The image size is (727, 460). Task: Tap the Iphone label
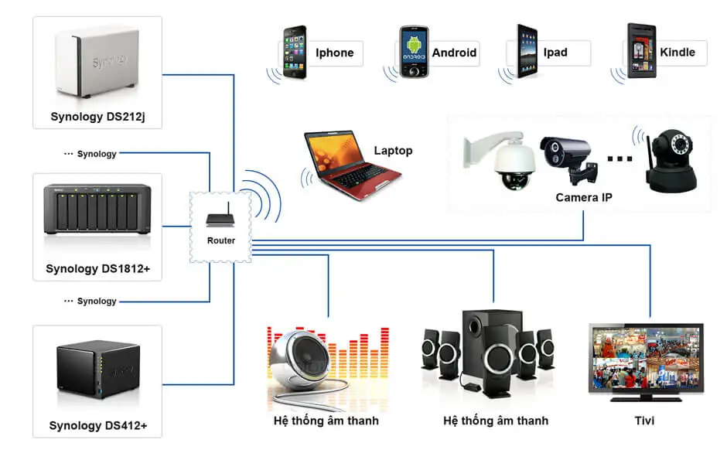click(x=334, y=53)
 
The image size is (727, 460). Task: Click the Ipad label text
click(x=555, y=53)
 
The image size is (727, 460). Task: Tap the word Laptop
click(x=393, y=151)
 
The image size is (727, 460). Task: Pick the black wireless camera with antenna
click(x=671, y=161)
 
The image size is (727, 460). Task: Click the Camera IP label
click(x=584, y=198)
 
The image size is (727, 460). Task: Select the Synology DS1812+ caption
click(x=97, y=269)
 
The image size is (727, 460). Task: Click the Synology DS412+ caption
click(x=97, y=426)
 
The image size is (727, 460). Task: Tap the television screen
click(x=647, y=358)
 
